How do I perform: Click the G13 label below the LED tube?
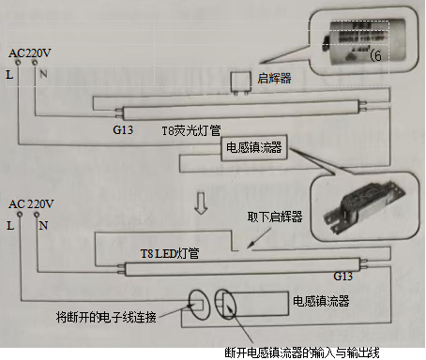[x=344, y=278]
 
